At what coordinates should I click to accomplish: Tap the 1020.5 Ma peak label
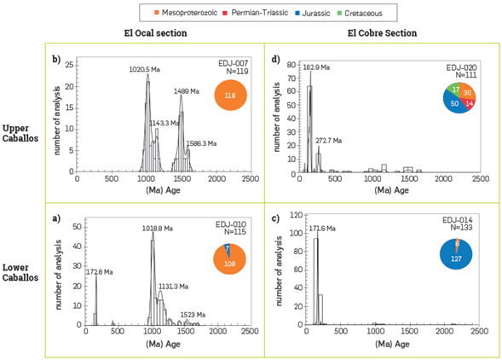click(145, 68)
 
